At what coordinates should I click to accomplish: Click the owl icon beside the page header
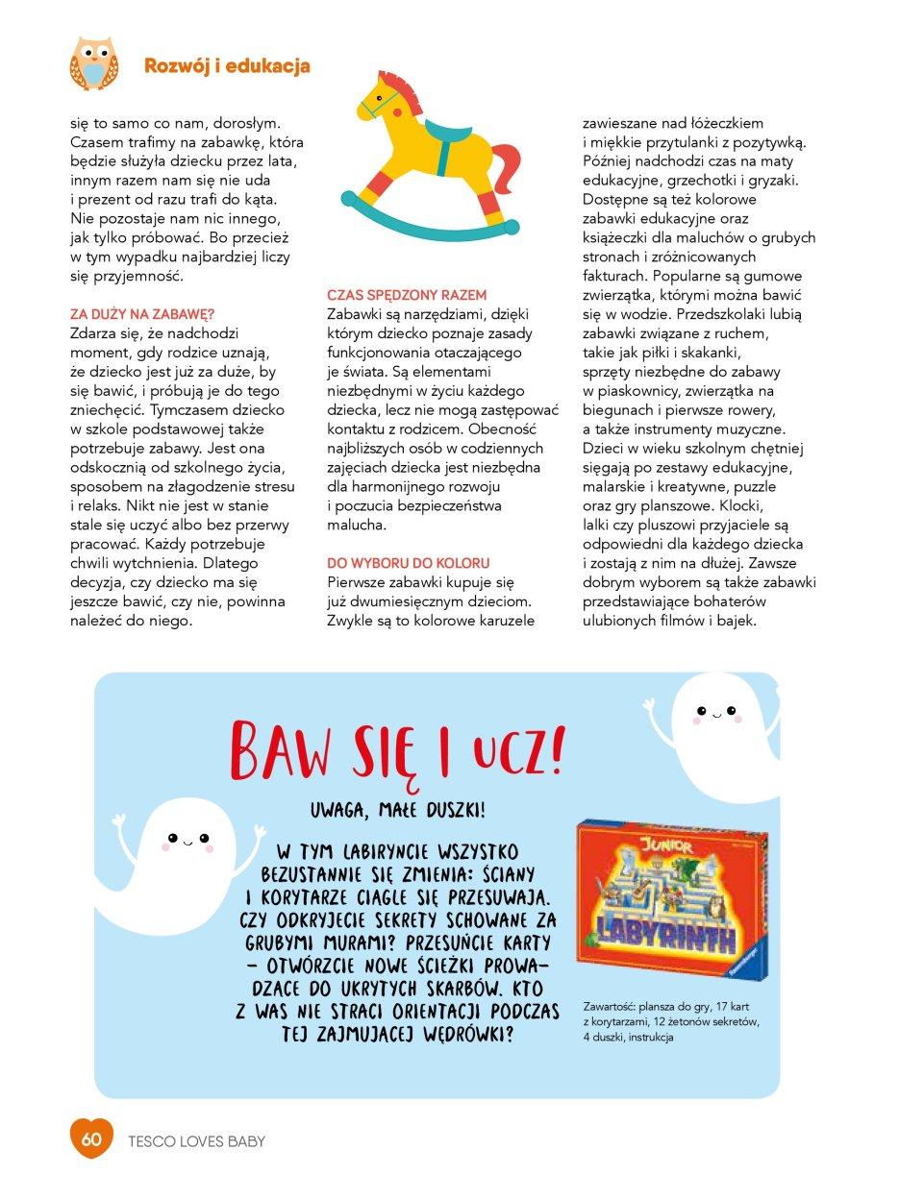pos(93,63)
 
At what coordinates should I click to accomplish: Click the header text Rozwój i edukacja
pos(227,65)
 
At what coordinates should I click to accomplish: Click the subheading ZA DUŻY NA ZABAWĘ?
pos(142,314)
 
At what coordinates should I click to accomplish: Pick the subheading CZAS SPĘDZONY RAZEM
pos(407,295)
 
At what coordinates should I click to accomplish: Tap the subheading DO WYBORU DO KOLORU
pos(409,563)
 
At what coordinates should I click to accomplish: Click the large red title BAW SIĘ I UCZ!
pos(397,750)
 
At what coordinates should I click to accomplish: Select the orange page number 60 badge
pos(91,1140)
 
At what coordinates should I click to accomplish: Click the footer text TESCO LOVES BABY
pos(196,1141)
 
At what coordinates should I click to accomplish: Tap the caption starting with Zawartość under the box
pos(670,1021)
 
